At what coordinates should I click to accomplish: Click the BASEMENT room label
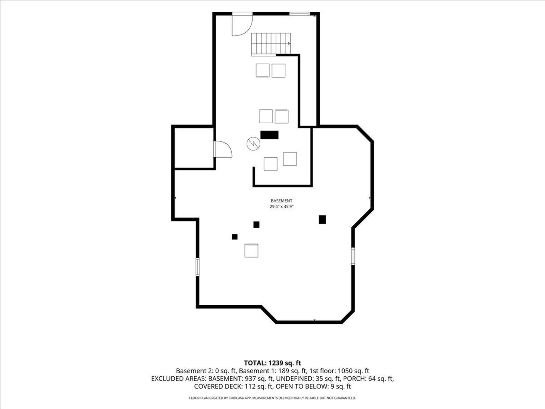point(281,201)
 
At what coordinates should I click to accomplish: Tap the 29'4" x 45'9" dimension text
point(281,207)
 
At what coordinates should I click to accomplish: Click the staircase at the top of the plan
point(271,44)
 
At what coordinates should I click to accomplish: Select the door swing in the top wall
point(242,25)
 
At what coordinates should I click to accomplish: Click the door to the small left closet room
point(223,149)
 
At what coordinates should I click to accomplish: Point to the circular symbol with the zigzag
point(253,143)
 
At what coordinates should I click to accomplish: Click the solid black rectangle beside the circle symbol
point(269,135)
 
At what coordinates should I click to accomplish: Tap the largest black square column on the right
point(322,220)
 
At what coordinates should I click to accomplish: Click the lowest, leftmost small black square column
point(235,237)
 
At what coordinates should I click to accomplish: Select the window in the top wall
point(299,13)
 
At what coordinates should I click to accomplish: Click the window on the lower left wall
point(198,267)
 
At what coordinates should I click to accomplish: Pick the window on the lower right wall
point(353,256)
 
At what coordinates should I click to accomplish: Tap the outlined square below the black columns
point(251,251)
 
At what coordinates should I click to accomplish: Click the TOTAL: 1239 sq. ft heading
point(272,363)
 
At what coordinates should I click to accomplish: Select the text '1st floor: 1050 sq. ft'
point(339,371)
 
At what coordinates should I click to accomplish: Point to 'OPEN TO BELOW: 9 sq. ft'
point(313,386)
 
